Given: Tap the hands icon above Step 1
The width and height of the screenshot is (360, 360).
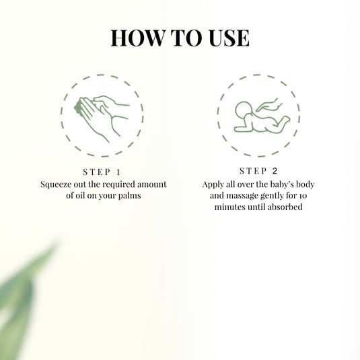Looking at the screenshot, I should pos(102,116).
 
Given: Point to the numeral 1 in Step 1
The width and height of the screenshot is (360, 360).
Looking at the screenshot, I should pos(118,172).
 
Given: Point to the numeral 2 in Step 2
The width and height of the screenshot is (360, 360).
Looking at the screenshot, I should pos(275,171).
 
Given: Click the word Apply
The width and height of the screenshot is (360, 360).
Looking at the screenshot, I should pos(215,183).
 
